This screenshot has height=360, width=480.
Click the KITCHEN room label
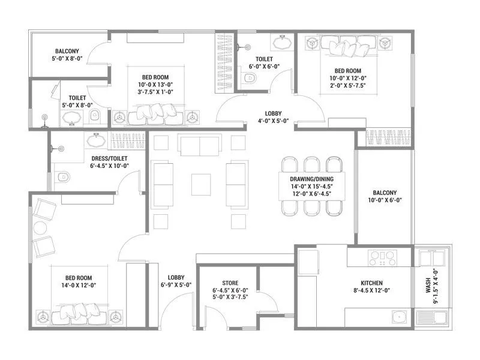coord(372,283)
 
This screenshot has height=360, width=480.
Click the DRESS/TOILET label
coord(109,158)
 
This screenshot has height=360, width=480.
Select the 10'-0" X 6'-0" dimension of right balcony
coord(385,201)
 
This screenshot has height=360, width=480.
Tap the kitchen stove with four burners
coord(382,259)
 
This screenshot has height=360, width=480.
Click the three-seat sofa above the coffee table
coord(200,145)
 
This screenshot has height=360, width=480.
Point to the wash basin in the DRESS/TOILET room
coord(95,142)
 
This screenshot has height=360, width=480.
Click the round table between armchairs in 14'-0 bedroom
coord(40,228)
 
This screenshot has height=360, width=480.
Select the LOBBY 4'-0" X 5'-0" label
coord(277,116)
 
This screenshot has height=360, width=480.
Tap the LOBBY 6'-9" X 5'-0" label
coord(176,281)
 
